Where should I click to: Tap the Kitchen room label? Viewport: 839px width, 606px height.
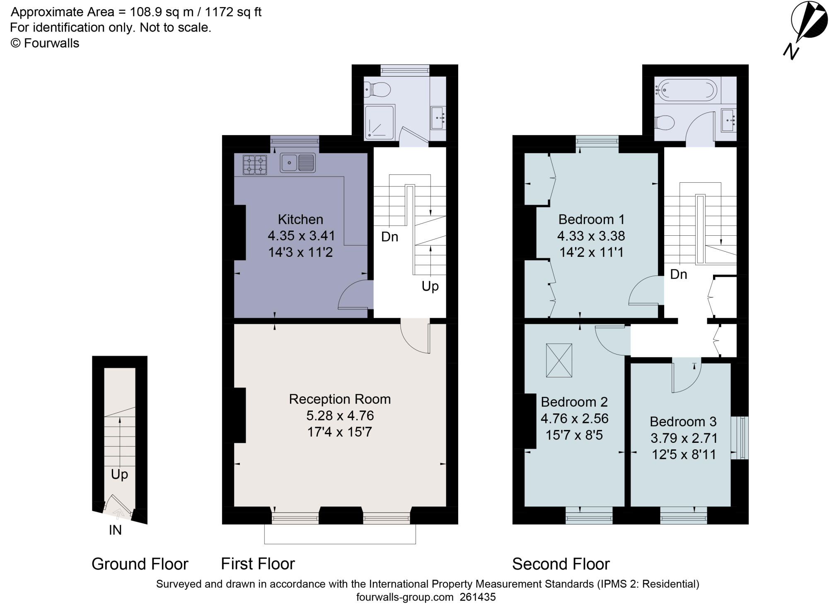pos(300,219)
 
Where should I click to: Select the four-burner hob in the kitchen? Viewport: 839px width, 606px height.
pos(254,164)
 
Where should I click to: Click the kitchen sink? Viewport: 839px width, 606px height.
pos(297,162)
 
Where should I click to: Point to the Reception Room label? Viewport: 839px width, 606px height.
pos(340,399)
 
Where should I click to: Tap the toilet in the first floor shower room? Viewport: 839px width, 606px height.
pos(377,89)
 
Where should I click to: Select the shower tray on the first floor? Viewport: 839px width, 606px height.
pos(380,122)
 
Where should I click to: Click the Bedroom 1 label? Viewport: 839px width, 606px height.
pos(591,219)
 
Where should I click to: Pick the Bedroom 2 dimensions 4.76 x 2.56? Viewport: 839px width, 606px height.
pos(574,418)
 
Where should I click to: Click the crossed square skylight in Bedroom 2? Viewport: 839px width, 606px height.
pos(559,360)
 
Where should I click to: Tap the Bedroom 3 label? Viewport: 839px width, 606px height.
pos(683,421)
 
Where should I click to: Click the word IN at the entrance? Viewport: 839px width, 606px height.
pos(115,530)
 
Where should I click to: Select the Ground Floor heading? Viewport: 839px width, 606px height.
pos(140,564)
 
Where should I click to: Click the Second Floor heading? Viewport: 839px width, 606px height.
pos(561,564)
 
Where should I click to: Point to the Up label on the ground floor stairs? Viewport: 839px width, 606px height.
pos(119,474)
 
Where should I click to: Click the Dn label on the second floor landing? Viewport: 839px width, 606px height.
pos(679,274)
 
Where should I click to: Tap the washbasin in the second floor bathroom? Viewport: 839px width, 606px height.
pos(728,120)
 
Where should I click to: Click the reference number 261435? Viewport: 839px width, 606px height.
pos(478,597)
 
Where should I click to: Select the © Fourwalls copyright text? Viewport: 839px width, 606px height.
pos(45,43)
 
